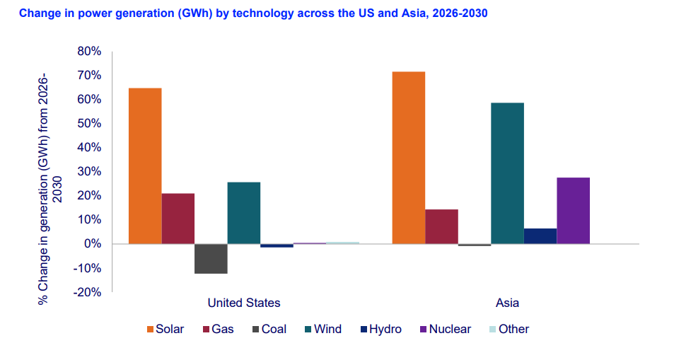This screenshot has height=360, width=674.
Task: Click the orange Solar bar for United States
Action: point(145,166)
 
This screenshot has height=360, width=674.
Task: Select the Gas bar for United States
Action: point(178,219)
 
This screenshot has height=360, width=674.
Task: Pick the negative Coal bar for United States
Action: point(211,258)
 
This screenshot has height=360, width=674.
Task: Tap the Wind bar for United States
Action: point(243,213)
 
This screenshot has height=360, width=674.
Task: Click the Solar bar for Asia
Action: point(408,158)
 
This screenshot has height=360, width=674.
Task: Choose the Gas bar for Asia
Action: point(441,226)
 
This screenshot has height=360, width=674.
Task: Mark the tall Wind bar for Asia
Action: point(507,173)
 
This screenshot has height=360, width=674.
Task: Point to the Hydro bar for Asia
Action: point(540,236)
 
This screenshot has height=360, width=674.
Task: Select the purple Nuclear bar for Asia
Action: point(573,210)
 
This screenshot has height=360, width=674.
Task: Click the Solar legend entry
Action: point(165,329)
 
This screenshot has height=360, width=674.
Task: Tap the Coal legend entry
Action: point(267,329)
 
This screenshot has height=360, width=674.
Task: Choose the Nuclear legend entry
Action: point(444,329)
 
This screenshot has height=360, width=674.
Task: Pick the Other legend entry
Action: point(508,329)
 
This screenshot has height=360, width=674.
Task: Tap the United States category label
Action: point(243,303)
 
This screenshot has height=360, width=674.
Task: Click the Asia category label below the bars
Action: point(507,303)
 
